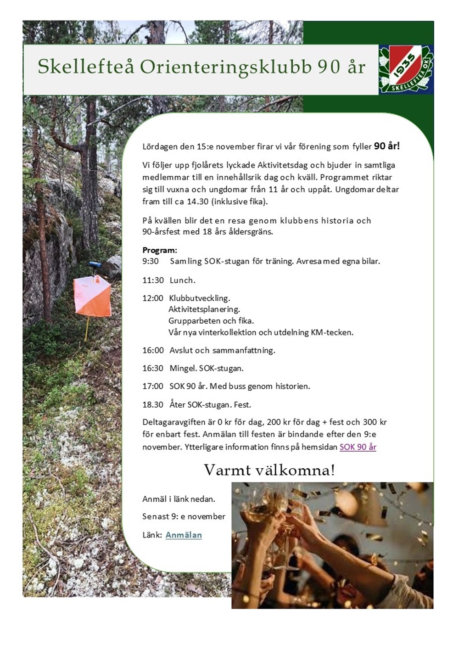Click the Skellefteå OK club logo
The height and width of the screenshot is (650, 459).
(406, 69)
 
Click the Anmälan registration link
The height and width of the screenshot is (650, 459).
(184, 535)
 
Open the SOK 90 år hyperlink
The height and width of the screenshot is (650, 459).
(358, 447)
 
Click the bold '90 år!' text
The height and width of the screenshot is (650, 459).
(386, 146)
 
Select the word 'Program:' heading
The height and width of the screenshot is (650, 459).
(159, 250)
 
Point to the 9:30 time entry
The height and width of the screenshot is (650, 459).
(150, 261)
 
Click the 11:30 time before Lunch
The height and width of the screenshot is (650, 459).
(153, 280)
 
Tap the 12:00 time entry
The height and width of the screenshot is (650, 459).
(152, 298)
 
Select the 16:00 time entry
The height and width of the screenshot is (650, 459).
(153, 350)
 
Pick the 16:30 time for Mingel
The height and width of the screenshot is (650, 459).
(153, 368)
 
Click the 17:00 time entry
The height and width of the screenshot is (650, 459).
(153, 386)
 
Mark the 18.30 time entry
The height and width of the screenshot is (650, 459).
(153, 404)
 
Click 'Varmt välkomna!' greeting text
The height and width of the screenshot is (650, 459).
(269, 470)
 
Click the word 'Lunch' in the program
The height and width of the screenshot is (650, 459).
(182, 280)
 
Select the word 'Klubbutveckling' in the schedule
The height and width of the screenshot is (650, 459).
(199, 298)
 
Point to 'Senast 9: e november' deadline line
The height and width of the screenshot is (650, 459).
(184, 516)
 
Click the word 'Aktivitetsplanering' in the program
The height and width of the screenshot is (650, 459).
(204, 309)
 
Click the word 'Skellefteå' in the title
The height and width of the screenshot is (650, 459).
(86, 67)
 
